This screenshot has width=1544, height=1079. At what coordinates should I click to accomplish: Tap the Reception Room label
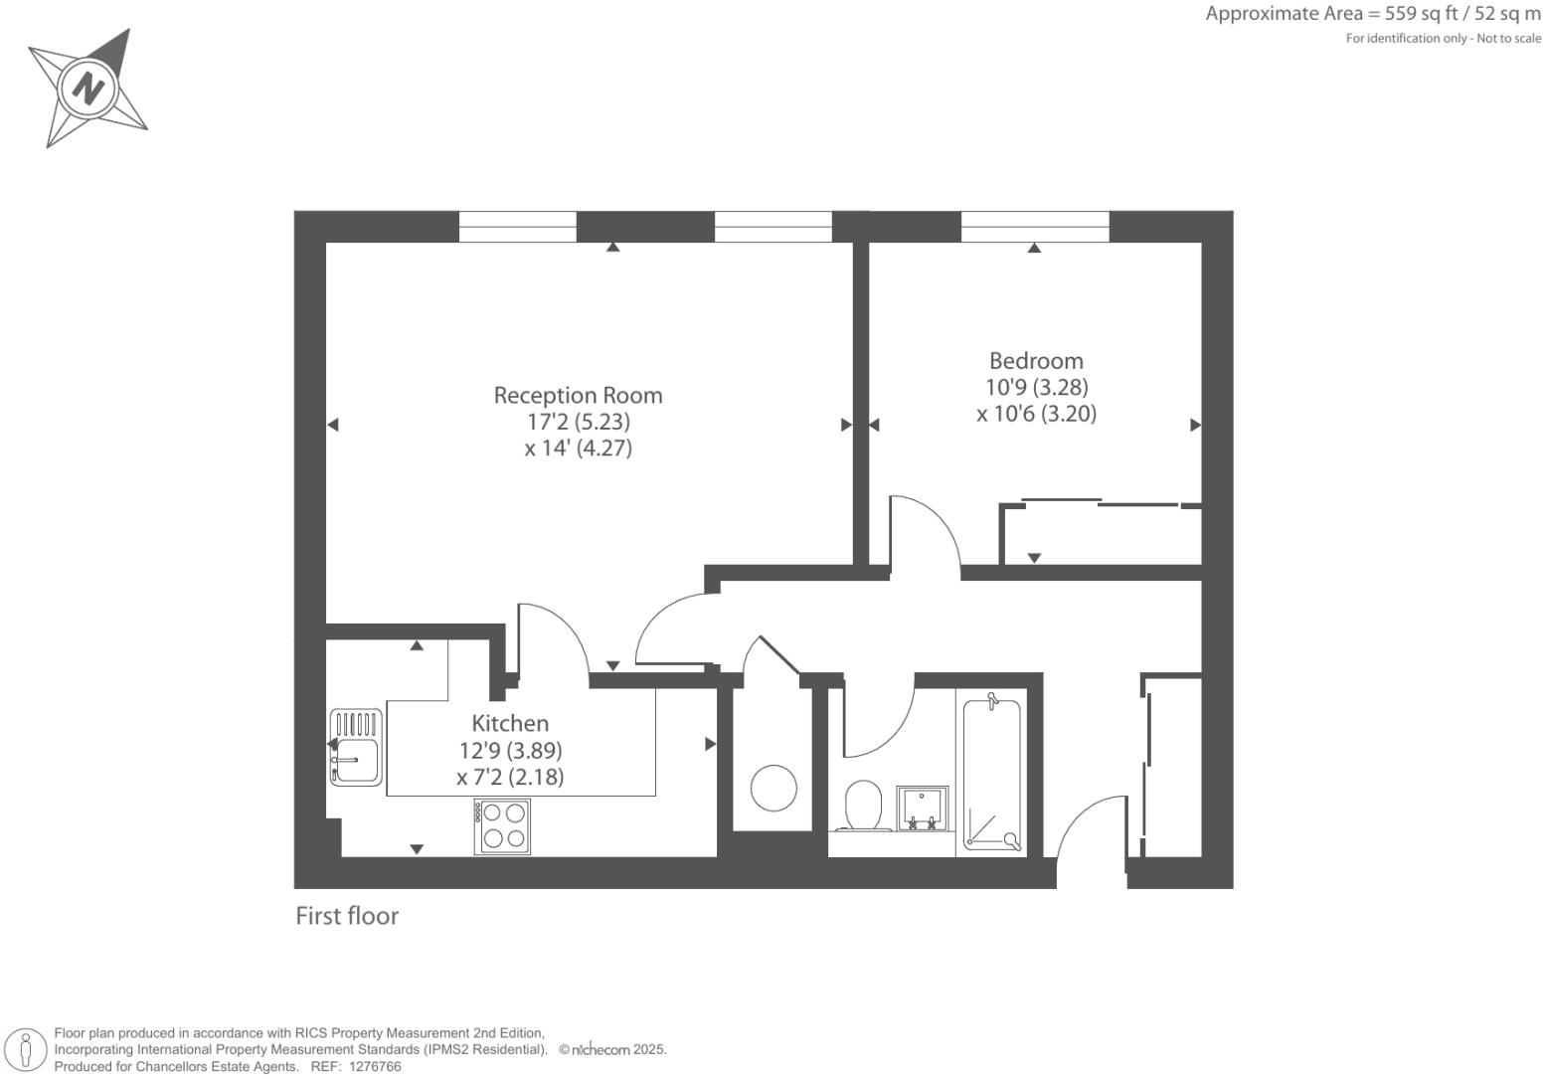[578, 395]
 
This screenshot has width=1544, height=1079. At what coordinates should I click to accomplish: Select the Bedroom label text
[1036, 361]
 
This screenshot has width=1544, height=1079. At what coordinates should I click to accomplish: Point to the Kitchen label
[510, 723]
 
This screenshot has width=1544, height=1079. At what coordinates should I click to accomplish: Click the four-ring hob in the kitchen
[502, 826]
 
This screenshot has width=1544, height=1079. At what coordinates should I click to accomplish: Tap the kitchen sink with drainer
[355, 747]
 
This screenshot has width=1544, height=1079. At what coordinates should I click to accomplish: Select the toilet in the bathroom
[864, 805]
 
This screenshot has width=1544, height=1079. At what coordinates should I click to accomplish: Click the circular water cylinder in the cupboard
[773, 789]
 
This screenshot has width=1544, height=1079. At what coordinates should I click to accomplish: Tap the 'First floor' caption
[347, 916]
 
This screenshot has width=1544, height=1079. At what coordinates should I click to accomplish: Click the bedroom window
[1035, 227]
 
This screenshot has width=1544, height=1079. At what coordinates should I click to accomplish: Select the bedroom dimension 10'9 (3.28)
[1036, 387]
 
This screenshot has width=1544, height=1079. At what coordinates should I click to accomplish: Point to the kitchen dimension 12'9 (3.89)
[510, 750]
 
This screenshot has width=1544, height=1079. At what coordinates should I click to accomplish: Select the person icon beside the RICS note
[27, 1050]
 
